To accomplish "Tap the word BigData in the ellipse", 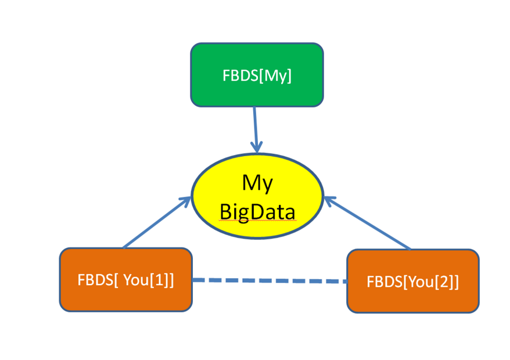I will (257, 211).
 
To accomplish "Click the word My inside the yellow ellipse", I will (257, 183).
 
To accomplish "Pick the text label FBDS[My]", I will (257, 76).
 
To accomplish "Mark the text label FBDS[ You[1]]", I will (125, 279).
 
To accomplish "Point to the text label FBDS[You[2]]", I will (413, 282).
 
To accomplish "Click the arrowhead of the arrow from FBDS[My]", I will (257, 147).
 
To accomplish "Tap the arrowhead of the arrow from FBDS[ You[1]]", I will (185, 201).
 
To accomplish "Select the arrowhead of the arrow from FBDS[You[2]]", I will (329, 201).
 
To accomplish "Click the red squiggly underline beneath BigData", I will (257, 221).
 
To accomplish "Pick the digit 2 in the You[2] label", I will (444, 282).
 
